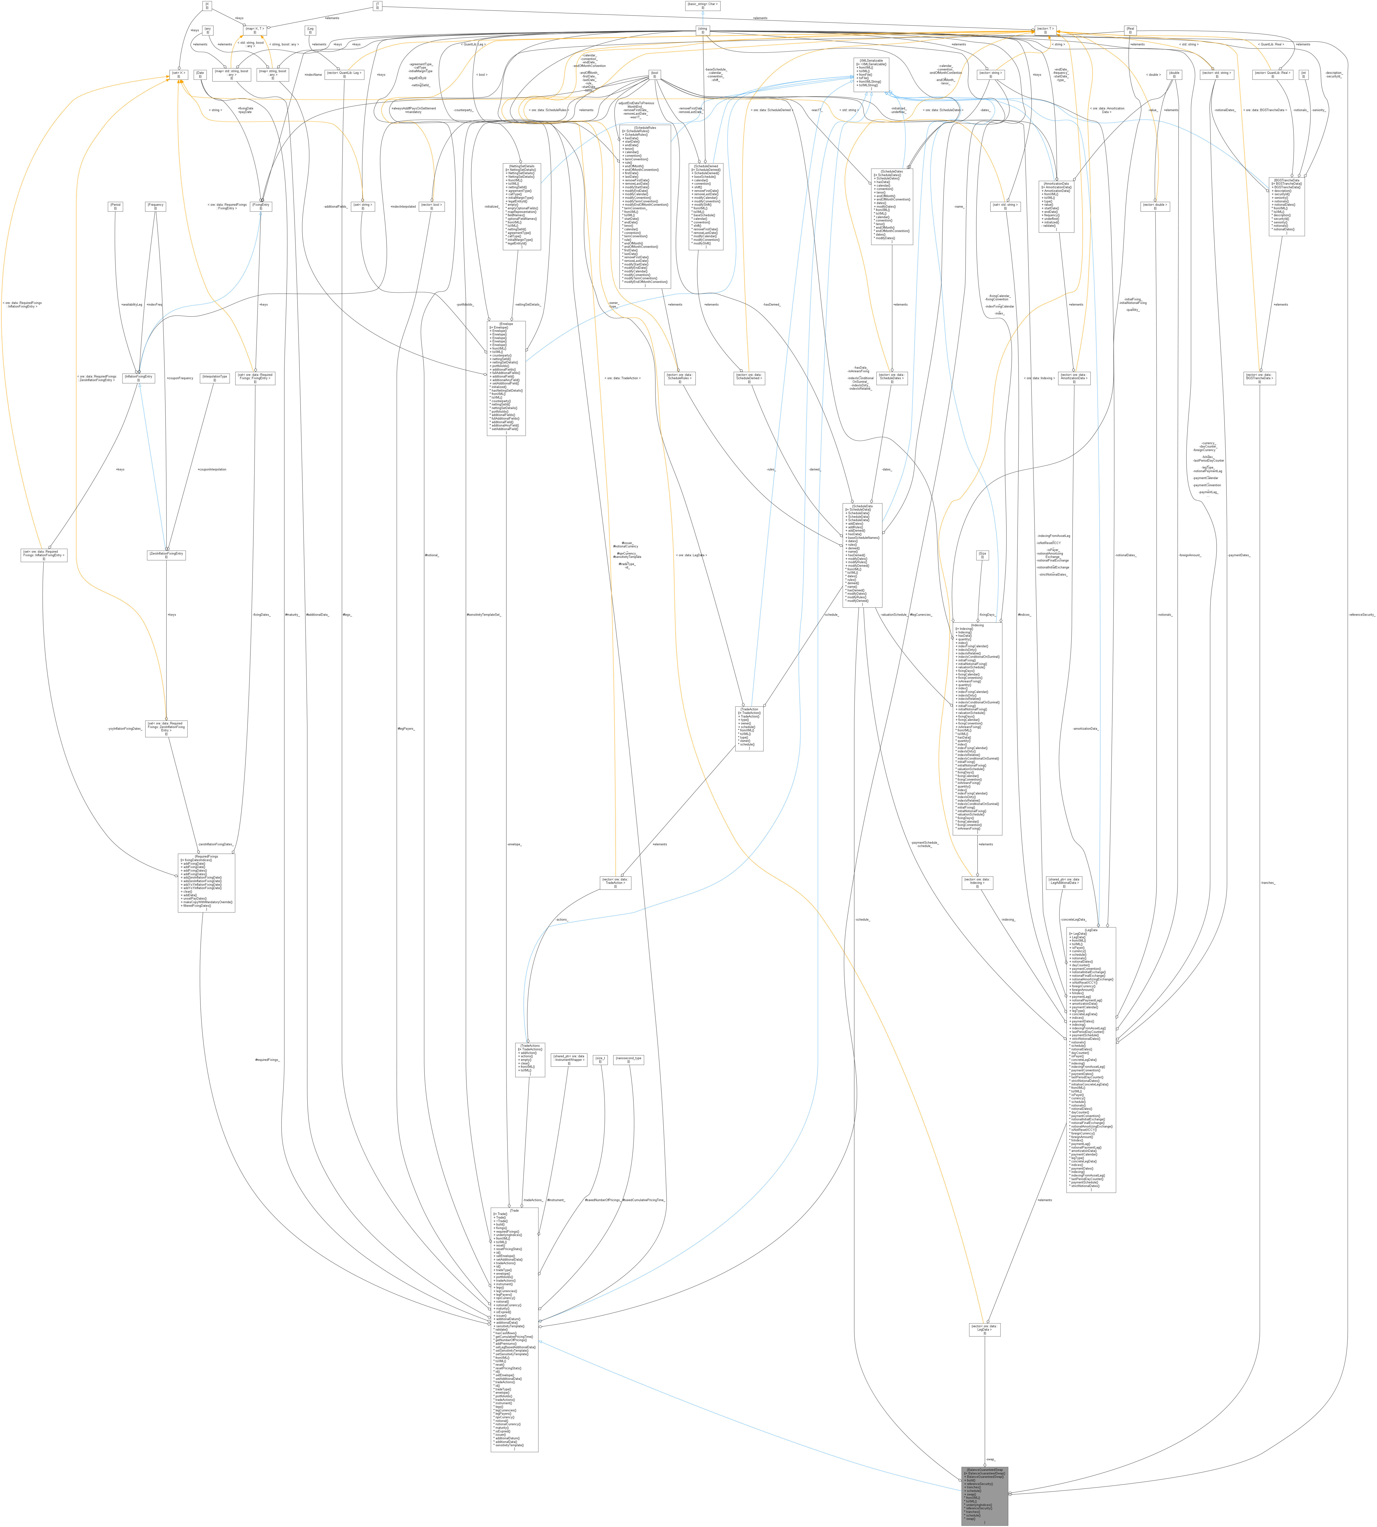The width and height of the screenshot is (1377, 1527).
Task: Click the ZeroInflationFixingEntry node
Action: pyautogui.click(x=166, y=555)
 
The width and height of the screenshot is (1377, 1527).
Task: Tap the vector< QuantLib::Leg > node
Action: pyautogui.click(x=344, y=74)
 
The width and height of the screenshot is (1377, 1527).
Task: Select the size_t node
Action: pyautogui.click(x=600, y=1059)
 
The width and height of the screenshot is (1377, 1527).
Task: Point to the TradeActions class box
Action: pyautogui.click(x=530, y=1059)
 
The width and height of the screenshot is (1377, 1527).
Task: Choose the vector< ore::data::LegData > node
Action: pyautogui.click(x=984, y=1329)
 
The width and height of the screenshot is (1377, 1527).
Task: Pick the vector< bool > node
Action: pyautogui.click(x=431, y=206)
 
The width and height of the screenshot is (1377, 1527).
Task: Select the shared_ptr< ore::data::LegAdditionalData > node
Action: pyautogui.click(x=1064, y=882)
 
